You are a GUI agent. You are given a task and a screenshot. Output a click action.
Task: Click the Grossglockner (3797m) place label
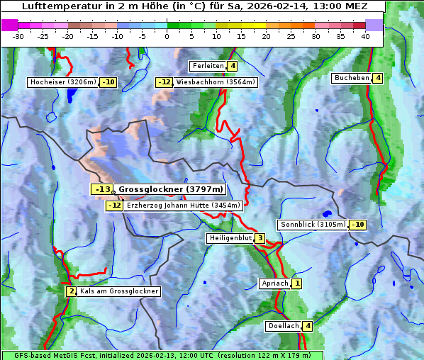pyautogui.click(x=170, y=189)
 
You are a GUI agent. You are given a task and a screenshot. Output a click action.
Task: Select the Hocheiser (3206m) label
pyautogui.click(x=63, y=82)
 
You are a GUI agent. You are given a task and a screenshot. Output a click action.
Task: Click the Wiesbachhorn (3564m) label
pyautogui.click(x=216, y=82)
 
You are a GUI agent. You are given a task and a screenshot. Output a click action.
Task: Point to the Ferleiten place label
pyautogui.click(x=208, y=66)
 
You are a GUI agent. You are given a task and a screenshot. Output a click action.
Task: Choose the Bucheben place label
pyautogui.click(x=352, y=77)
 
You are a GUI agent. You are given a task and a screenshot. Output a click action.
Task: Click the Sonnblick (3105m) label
pyautogui.click(x=313, y=225)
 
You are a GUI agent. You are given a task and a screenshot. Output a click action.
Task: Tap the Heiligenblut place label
pyautogui.click(x=230, y=238)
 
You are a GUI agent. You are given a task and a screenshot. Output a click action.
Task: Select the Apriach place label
pyautogui.click(x=274, y=283)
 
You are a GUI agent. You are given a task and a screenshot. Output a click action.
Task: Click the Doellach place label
pyautogui.click(x=283, y=326)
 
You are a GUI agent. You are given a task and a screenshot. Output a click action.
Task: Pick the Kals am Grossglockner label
pyautogui.click(x=118, y=291)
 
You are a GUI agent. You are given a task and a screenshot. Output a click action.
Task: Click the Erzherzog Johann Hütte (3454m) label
pyautogui.click(x=183, y=206)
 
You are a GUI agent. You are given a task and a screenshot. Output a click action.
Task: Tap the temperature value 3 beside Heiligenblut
pyautogui.click(x=260, y=238)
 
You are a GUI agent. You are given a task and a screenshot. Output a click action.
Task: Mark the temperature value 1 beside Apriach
pyautogui.click(x=296, y=283)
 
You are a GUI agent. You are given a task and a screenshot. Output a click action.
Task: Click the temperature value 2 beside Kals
pyautogui.click(x=71, y=291)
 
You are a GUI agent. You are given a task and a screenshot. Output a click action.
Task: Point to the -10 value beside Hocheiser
pyautogui.click(x=108, y=82)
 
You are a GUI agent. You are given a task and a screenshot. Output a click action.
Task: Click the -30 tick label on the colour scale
pyautogui.click(x=18, y=36)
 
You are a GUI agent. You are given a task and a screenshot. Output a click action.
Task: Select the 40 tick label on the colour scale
pyautogui.click(x=364, y=36)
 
